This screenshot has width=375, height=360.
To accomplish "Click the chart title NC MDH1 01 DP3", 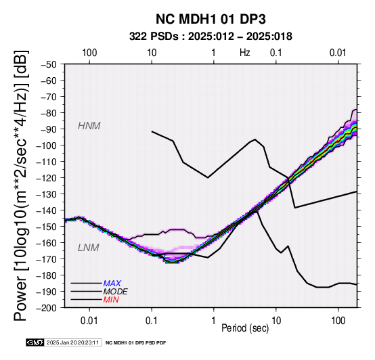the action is click(211, 19).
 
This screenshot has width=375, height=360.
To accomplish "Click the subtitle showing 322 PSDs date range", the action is click(211, 37).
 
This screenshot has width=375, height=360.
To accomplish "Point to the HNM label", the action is click(89, 126).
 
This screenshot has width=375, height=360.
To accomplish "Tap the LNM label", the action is click(89, 248).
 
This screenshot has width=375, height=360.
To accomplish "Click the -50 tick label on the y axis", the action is click(49, 64).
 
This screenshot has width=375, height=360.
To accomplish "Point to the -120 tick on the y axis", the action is click(47, 178).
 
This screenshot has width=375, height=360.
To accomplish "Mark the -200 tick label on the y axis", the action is click(47, 308).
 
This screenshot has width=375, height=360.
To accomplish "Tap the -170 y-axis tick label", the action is click(47, 259).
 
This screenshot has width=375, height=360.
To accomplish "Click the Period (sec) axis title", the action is click(245, 328).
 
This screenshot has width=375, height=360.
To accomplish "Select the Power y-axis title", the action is click(21, 185).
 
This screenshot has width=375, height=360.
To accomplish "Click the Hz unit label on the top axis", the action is click(245, 53).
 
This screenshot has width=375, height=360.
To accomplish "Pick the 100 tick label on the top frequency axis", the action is click(89, 53).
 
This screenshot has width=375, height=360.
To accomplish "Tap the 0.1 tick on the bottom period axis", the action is click(152, 321).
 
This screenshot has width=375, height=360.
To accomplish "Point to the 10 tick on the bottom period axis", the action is click(276, 321).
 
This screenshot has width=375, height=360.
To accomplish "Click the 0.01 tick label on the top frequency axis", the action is click(338, 53).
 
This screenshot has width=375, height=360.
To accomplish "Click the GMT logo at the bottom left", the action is click(35, 342).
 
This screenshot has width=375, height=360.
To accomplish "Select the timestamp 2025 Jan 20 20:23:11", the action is click(72, 342).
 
